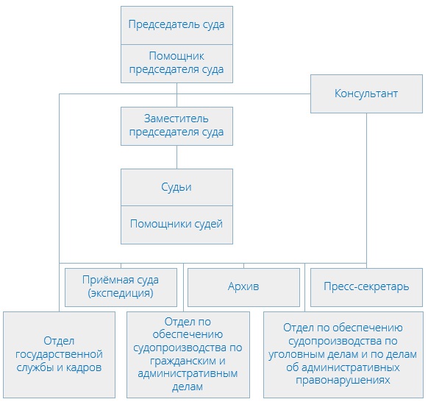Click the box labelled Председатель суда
point(176,25)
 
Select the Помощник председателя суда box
point(176,63)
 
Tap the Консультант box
point(366,94)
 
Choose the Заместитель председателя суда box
point(176,126)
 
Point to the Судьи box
point(176,187)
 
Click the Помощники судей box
point(176,224)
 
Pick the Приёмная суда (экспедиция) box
point(121,287)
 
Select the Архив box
point(243,287)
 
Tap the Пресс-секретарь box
point(366,287)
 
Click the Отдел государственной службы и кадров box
point(59,354)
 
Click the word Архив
point(243,287)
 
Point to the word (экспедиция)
point(121,294)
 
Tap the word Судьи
point(176,187)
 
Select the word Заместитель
point(176,119)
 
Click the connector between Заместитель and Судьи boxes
point(176,157)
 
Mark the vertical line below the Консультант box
point(366,184)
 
